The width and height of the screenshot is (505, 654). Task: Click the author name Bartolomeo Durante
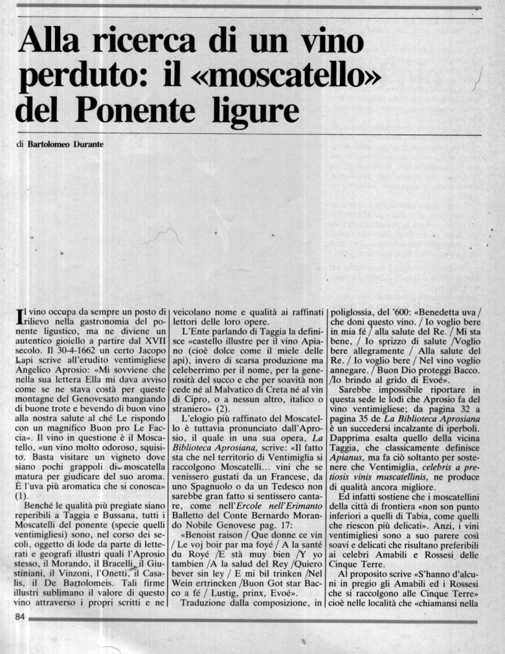65,144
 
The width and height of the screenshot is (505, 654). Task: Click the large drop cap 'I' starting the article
19,318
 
